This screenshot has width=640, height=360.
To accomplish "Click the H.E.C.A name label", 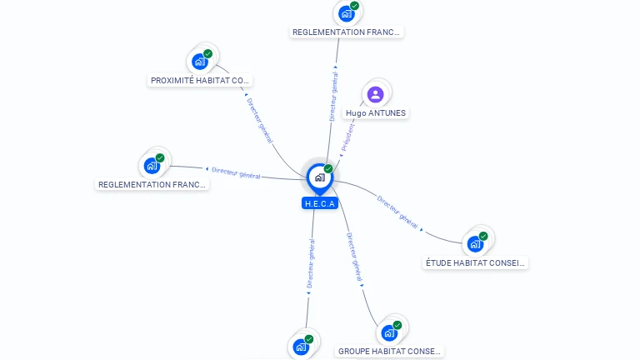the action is pyautogui.click(x=320, y=203).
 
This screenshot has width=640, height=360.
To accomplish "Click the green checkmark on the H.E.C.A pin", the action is pyautogui.click(x=328, y=168).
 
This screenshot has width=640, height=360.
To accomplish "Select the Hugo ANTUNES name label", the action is pyautogui.click(x=376, y=113).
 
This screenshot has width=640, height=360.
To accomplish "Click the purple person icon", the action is pyautogui.click(x=375, y=95).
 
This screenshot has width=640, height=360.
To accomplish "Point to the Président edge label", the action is pyautogui.click(x=348, y=137).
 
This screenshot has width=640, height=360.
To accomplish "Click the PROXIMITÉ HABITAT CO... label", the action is pyautogui.click(x=200, y=80).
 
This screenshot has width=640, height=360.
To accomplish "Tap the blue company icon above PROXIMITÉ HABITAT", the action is pyautogui.click(x=200, y=62).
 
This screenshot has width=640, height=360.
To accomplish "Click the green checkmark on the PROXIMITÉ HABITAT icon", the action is pyautogui.click(x=207, y=54).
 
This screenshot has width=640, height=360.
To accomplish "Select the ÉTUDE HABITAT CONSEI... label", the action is pyautogui.click(x=475, y=262).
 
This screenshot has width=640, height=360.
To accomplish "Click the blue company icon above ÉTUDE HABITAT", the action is pyautogui.click(x=475, y=244).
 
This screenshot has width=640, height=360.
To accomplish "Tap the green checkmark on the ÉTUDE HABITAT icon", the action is pyautogui.click(x=483, y=236).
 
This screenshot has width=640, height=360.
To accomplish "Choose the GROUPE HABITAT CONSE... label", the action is pyautogui.click(x=389, y=352).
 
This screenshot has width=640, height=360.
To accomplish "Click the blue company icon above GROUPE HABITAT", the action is pyautogui.click(x=389, y=333).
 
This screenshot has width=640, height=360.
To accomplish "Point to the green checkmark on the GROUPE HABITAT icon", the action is pyautogui.click(x=397, y=325).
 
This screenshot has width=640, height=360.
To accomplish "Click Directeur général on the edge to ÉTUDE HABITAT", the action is pyautogui.click(x=397, y=212).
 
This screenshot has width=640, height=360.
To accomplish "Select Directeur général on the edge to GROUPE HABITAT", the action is pyautogui.click(x=354, y=257).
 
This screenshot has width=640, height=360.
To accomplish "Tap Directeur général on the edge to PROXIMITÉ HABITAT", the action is pyautogui.click(x=260, y=120).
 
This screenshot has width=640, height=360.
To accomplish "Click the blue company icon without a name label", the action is pyautogui.click(x=301, y=347).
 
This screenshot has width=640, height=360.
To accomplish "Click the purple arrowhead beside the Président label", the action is pyautogui.click(x=341, y=155).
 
